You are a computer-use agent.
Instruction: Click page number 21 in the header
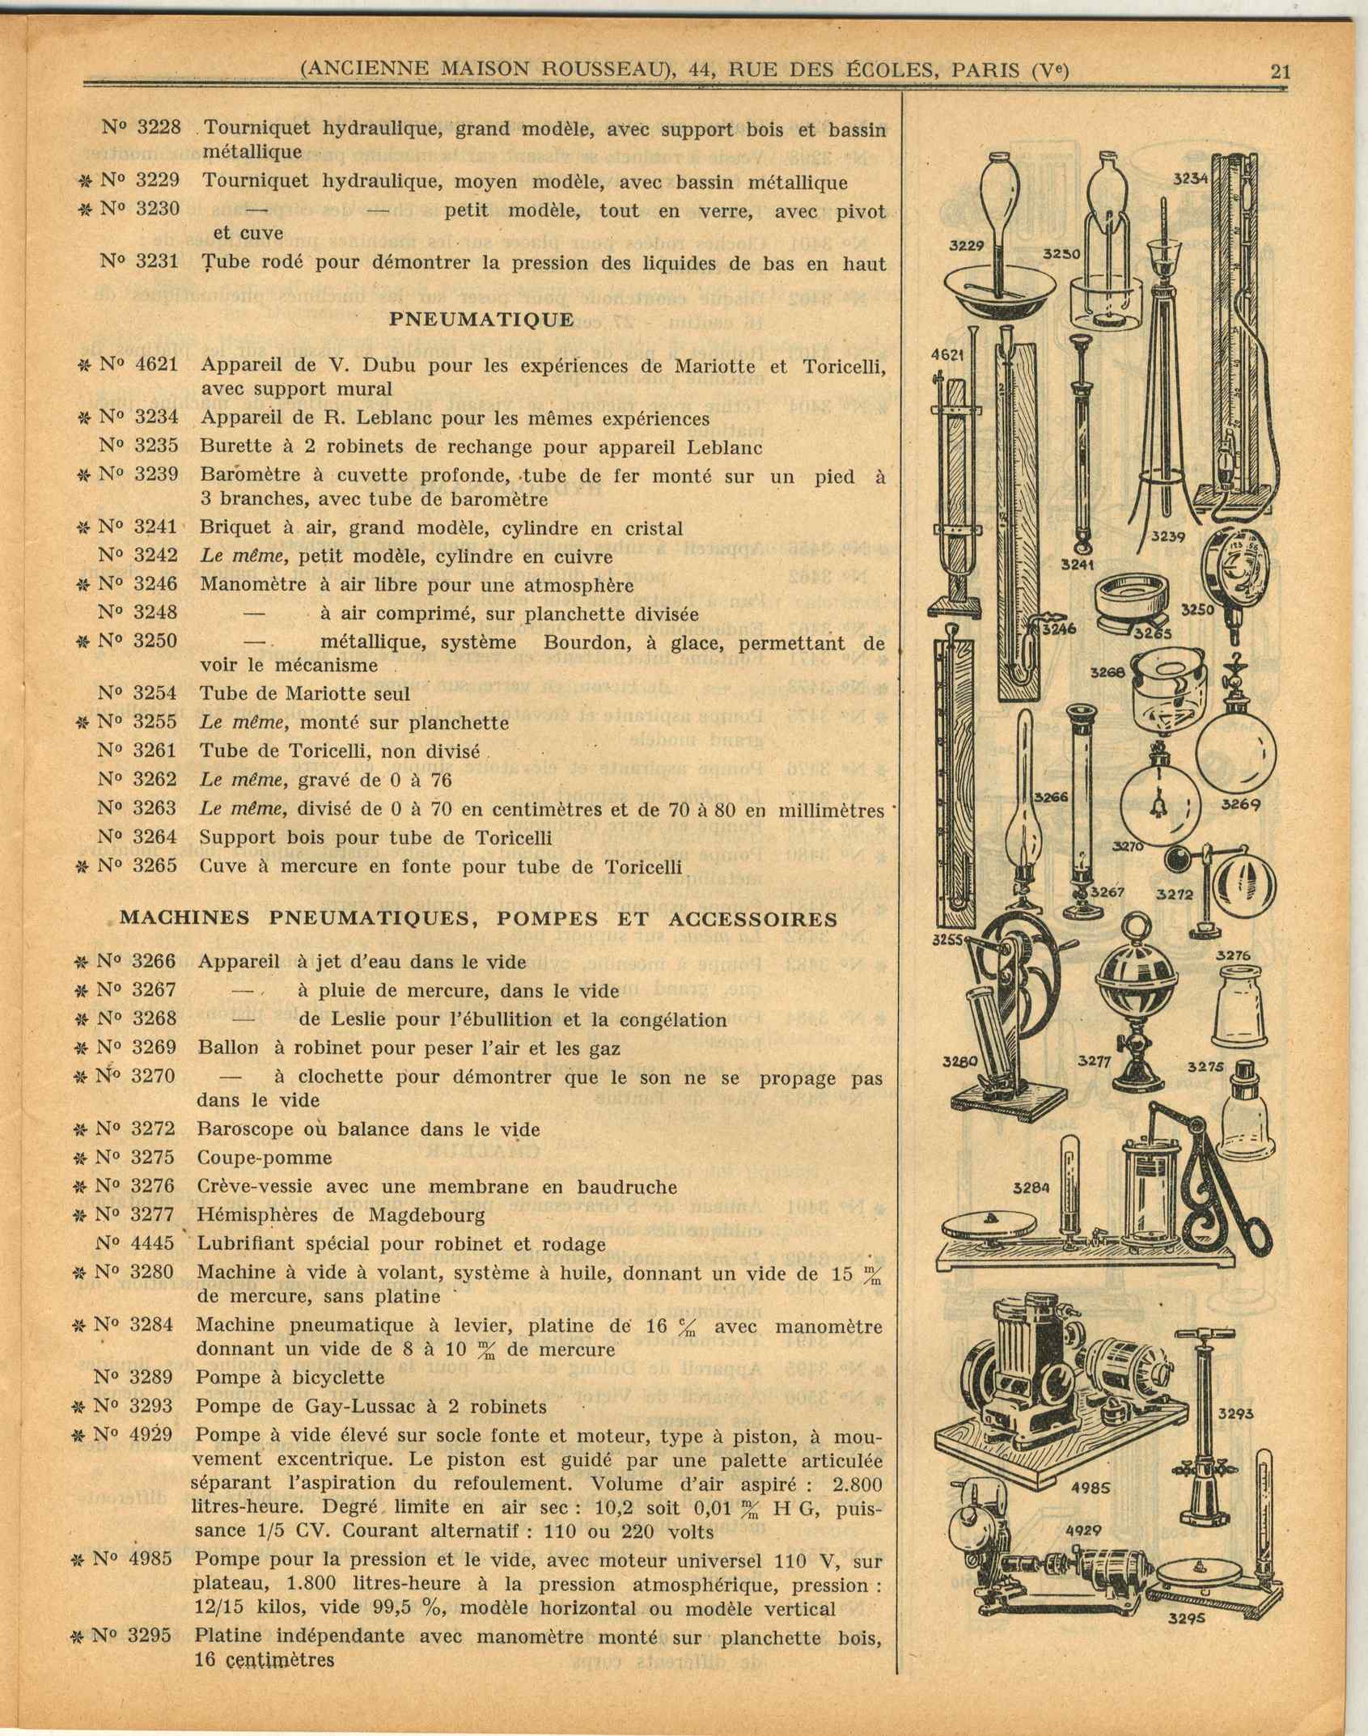click(1280, 70)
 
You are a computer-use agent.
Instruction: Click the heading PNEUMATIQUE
click(481, 319)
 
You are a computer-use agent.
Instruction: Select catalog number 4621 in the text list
click(156, 365)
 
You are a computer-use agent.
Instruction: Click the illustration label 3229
click(965, 245)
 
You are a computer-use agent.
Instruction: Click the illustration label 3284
click(1032, 1188)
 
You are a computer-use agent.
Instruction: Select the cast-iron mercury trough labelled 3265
click(1129, 599)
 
